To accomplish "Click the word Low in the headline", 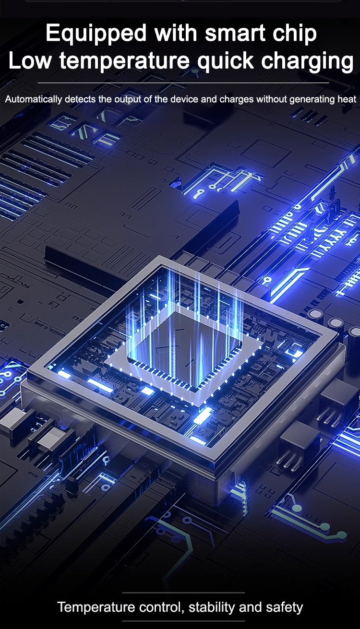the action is coord(30,60).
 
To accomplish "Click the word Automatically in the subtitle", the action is coord(34,99).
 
